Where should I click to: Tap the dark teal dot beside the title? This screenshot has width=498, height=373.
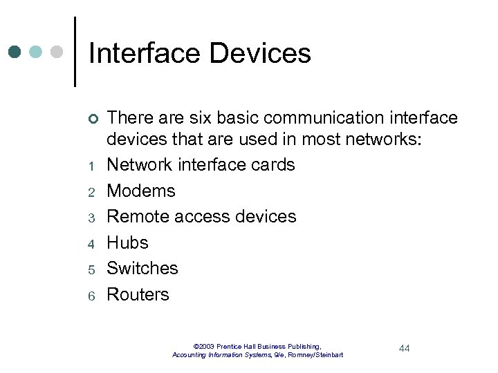[x=15, y=52]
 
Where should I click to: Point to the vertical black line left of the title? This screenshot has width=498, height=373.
[x=75, y=52]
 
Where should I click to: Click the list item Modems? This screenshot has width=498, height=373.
[x=141, y=191]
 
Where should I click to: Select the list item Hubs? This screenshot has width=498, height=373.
[x=127, y=242]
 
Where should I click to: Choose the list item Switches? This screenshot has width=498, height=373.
[x=142, y=268]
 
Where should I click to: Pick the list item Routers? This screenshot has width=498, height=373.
[x=138, y=294]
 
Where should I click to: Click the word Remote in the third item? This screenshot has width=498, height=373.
[x=139, y=216]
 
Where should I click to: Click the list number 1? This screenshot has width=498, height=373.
[x=91, y=166]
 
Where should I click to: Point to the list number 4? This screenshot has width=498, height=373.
[x=91, y=244]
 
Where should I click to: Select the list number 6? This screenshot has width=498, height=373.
[x=91, y=296]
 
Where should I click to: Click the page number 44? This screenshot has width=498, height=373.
[x=405, y=348]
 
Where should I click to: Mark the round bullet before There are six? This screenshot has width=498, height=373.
[x=91, y=119]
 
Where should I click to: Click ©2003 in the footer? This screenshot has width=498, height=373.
[x=205, y=346]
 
